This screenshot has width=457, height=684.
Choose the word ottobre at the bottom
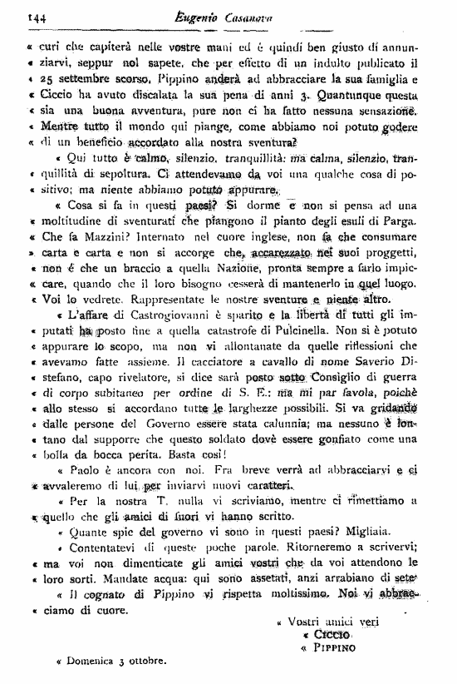pyautogui.click(x=147, y=663)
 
